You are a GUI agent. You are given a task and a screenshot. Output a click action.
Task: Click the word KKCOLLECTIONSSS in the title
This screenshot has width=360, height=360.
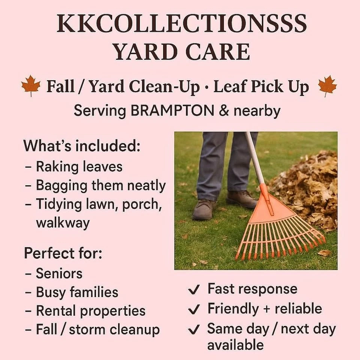click(x=181, y=23)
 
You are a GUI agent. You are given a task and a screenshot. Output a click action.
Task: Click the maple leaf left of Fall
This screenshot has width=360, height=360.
click(x=31, y=85)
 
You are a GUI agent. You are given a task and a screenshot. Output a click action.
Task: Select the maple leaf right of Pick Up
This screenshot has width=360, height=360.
click(x=327, y=86)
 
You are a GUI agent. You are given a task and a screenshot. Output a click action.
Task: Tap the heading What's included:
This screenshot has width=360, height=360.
click(x=82, y=145)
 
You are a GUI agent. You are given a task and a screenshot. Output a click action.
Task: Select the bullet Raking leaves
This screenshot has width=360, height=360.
click(x=73, y=166)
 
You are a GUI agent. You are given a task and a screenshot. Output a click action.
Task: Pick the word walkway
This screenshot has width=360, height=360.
click(x=63, y=223)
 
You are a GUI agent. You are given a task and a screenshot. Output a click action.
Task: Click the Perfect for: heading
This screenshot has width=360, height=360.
click(x=63, y=253)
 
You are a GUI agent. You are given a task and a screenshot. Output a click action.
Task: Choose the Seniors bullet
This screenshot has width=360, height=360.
click(x=54, y=273)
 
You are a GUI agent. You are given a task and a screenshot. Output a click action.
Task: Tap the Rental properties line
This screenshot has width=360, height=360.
click(x=85, y=311)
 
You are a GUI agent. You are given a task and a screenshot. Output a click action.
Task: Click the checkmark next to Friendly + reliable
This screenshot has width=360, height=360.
click(x=193, y=309)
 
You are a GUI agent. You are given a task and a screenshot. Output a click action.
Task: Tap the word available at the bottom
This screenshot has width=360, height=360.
click(x=235, y=345)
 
